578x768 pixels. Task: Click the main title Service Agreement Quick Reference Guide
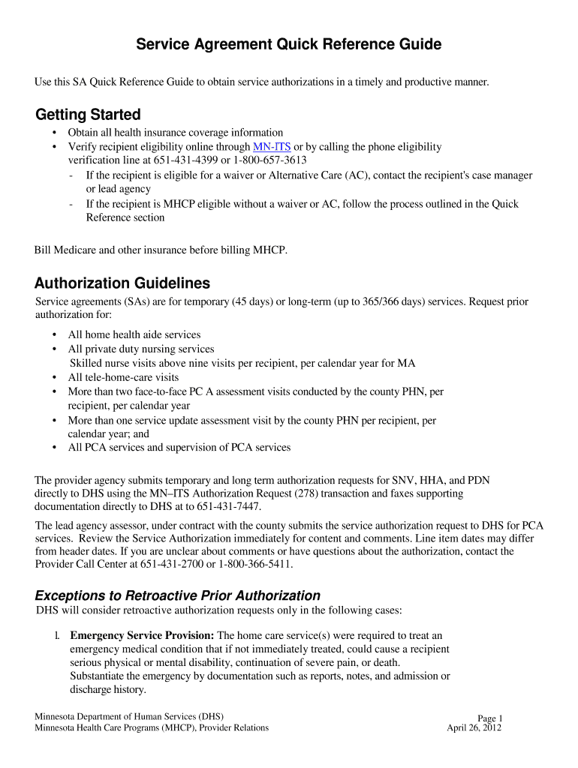288,45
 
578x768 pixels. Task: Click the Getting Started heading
88,115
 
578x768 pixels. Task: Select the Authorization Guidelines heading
122,283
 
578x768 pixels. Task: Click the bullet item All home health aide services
134,335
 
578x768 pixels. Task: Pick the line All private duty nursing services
141,349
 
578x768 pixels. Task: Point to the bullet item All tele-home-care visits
123,377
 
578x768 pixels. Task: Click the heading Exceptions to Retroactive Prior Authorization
178,595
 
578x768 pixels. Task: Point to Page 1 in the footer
490,718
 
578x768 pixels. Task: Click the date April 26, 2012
474,727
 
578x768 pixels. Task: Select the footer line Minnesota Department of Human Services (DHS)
129,715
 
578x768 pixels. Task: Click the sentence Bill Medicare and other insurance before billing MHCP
161,250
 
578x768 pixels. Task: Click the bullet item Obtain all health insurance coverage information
176,133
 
